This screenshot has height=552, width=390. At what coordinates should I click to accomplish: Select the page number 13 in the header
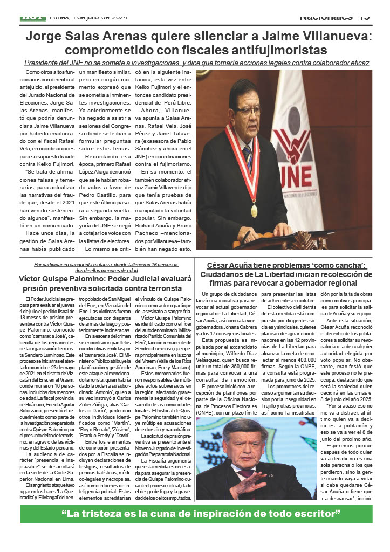364,17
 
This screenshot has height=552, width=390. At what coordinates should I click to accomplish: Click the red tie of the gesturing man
246,473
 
